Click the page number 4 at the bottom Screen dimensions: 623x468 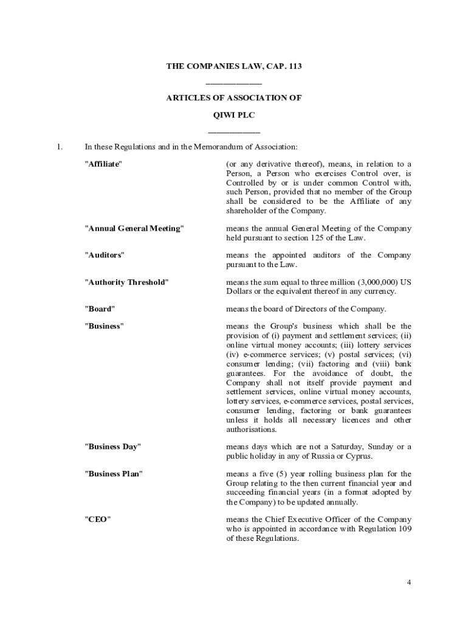tap(409, 583)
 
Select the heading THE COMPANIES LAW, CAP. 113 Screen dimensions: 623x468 tap(234, 66)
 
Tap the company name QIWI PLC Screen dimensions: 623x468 tap(234, 114)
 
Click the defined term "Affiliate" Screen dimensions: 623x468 tap(103, 164)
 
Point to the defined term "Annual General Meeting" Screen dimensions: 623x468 tap(133, 228)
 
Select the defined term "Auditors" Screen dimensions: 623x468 tap(104, 255)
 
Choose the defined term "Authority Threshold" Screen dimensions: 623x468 tap(126, 282)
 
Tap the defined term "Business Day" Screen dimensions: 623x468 tap(112, 447)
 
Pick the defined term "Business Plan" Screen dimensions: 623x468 tap(114, 473)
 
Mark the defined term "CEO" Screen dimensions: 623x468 tap(97, 519)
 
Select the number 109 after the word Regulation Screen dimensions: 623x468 tap(404, 529)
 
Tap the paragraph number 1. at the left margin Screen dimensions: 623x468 tap(60, 147)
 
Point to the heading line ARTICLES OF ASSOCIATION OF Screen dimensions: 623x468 tap(234, 97)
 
